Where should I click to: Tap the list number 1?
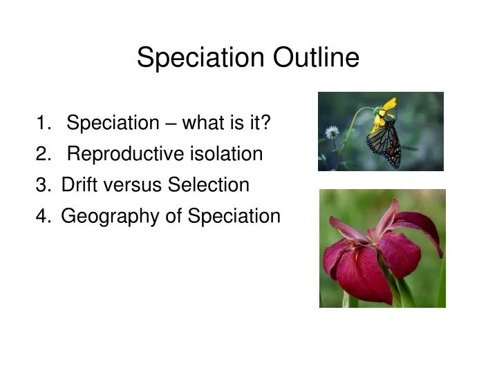42,124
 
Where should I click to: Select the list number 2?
42,155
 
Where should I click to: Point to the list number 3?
42,186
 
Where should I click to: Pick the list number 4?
42,217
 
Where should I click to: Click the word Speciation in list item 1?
113,124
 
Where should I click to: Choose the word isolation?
226,155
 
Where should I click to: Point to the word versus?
132,186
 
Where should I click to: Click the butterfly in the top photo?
384,143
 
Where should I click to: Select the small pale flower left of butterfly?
332,132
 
